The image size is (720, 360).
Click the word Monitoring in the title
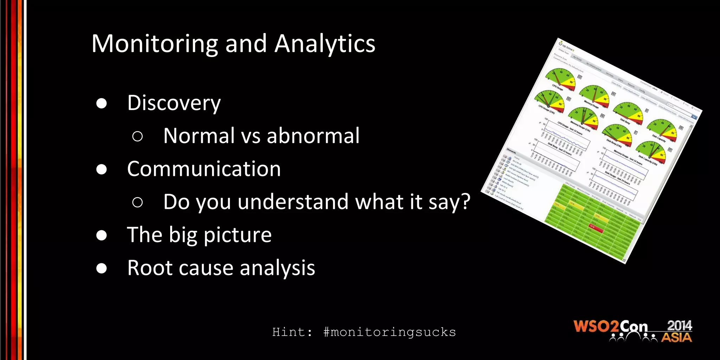pyautogui.click(x=155, y=44)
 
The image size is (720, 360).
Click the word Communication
pyautogui.click(x=204, y=169)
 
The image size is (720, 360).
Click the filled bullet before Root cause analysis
pyautogui.click(x=102, y=268)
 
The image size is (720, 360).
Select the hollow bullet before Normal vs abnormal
pyautogui.click(x=137, y=136)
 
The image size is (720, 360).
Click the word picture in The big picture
pyautogui.click(x=237, y=235)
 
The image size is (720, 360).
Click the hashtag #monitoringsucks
pyautogui.click(x=389, y=332)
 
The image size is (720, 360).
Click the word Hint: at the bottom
pyautogui.click(x=292, y=332)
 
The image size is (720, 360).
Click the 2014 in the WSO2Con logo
pyautogui.click(x=679, y=326)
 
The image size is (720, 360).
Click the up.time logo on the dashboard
pyautogui.click(x=566, y=45)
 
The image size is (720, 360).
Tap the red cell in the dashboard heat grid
pyautogui.click(x=596, y=228)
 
